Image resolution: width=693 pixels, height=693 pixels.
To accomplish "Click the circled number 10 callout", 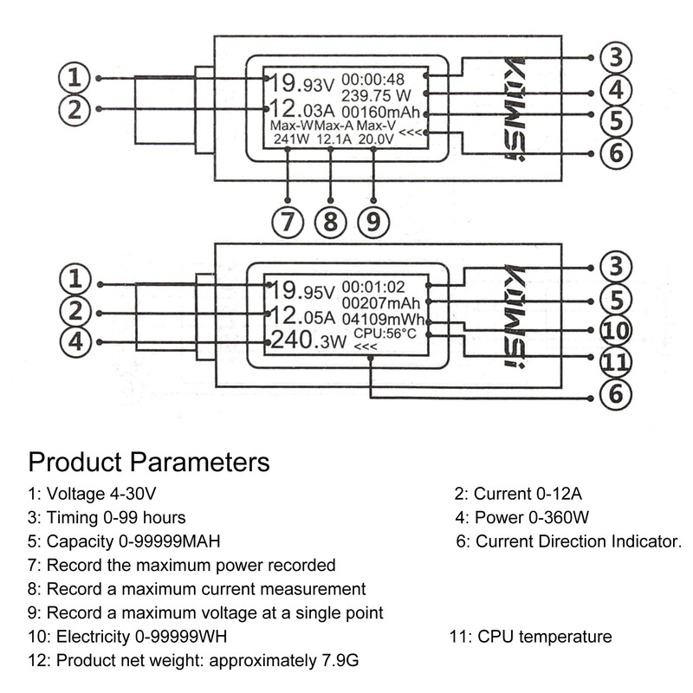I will coord(616,330).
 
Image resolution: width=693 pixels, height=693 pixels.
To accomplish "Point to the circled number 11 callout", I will coord(616,361).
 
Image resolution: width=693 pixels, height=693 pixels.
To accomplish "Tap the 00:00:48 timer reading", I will coord(372,79).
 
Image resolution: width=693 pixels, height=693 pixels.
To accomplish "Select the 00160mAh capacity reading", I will coord(382,113).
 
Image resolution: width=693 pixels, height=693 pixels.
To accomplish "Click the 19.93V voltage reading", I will coord(301,84).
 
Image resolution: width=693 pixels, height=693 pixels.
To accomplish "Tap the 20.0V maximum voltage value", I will coord(376,139).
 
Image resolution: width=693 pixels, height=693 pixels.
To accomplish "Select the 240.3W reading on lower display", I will coord(307,340).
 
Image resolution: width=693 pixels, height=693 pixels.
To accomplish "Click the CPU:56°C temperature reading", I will coord(385,334).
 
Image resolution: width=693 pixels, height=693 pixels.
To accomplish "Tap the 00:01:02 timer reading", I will coord(374,287).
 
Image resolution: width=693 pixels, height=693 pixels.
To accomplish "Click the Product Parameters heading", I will coord(148,460).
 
